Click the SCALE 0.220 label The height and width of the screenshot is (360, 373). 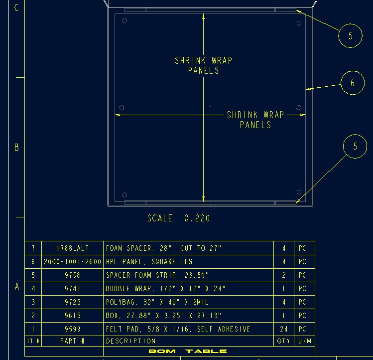[x=179, y=218]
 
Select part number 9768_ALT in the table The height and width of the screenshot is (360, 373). [x=73, y=248]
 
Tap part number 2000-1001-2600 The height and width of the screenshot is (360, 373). [x=73, y=262]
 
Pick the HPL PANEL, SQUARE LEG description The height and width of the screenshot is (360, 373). [x=149, y=262]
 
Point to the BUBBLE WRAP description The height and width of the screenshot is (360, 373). [x=165, y=289]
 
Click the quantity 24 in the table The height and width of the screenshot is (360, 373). [x=284, y=329]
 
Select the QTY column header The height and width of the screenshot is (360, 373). [x=284, y=341]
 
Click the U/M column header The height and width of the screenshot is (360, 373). [x=305, y=341]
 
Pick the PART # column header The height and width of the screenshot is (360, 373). [x=73, y=341]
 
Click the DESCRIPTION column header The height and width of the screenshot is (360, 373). [x=131, y=341]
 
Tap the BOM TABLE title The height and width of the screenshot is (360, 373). [x=188, y=351]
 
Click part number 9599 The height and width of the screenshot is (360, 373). [x=73, y=329]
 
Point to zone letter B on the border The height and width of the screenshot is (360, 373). [x=16, y=147]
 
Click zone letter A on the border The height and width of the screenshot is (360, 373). [x=16, y=286]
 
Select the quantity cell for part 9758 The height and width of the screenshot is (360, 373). [x=284, y=275]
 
